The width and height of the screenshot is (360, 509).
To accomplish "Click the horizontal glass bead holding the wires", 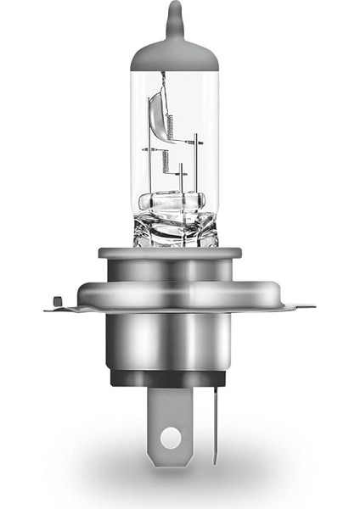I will [175, 202].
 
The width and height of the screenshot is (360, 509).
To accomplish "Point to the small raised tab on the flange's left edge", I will [56, 299].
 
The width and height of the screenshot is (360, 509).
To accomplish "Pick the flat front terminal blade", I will [170, 424].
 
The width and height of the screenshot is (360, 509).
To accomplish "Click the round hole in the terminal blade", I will [170, 439].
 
